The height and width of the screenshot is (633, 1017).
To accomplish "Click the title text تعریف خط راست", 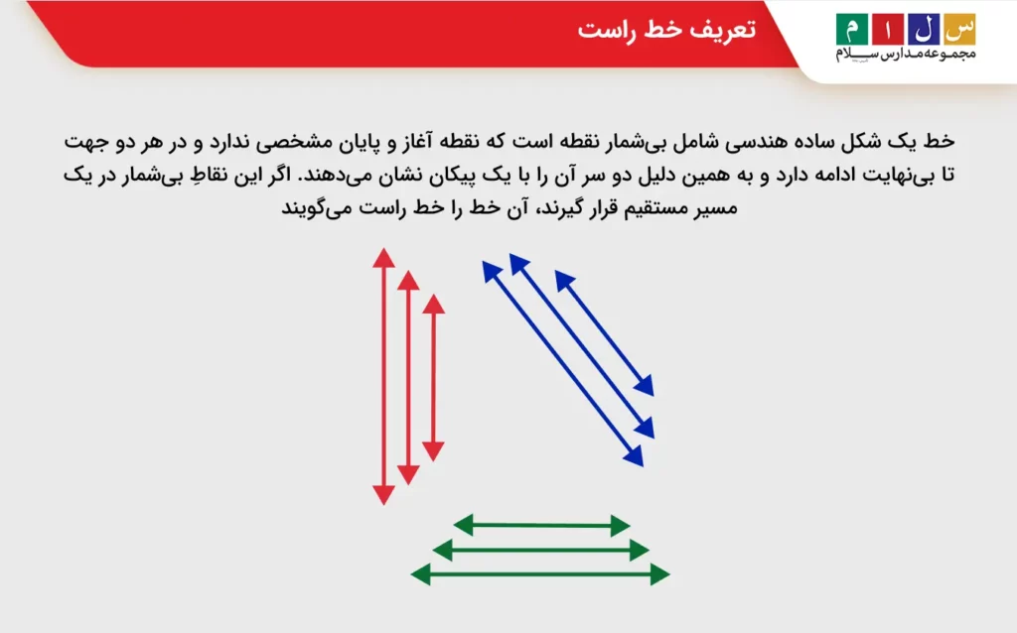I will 666,31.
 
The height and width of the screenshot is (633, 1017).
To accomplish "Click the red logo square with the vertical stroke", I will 886,28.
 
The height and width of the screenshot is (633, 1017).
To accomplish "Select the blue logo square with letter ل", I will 922,28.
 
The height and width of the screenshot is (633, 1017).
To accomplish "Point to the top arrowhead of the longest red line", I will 383,259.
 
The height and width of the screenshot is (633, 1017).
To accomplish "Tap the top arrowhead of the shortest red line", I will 433,305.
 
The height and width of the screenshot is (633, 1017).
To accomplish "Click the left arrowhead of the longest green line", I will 421,573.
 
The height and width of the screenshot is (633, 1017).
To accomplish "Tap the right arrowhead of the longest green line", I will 659,573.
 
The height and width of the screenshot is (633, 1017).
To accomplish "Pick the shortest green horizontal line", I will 541,525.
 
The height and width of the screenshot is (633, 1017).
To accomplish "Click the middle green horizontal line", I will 541,550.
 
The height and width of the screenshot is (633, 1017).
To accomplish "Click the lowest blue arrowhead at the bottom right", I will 633,456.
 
